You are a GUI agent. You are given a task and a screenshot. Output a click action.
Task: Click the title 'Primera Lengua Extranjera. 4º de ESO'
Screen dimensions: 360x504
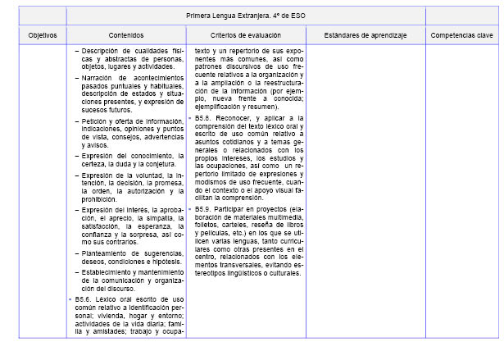[x=284, y=16]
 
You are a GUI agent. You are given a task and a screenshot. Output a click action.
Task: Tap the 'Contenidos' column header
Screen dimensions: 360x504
[x=126, y=35]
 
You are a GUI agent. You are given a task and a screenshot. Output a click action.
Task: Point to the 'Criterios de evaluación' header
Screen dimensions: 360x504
[x=247, y=35]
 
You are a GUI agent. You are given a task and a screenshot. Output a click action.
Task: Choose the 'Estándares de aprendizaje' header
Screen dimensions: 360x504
[x=365, y=35]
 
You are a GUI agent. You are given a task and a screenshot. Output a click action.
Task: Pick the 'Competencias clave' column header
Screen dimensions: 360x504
[x=461, y=35]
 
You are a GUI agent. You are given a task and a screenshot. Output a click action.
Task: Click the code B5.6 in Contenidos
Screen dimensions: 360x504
[x=80, y=300]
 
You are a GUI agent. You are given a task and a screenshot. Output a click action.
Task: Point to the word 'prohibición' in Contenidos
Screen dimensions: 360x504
[x=98, y=199]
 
